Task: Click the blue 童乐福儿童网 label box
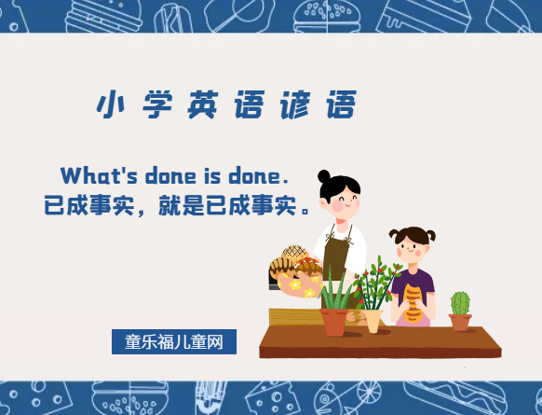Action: point(174,342)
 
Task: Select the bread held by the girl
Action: point(413,300)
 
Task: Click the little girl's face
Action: point(411,247)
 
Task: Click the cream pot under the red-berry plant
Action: point(373,320)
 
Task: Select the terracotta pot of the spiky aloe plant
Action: point(334,321)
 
